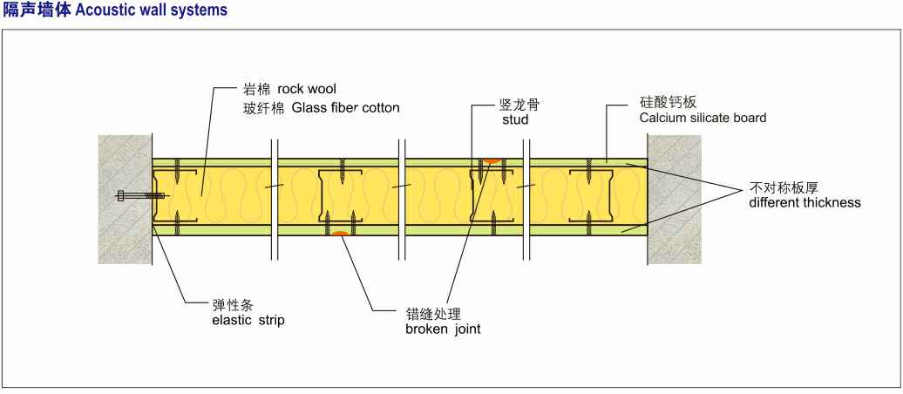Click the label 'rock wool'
point(307,90)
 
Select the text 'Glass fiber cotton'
point(345,109)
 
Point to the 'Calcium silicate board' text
point(703,118)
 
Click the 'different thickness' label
point(805,202)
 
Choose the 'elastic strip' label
point(248,320)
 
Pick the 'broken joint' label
point(443,329)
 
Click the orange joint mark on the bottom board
point(341,233)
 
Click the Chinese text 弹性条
point(231,305)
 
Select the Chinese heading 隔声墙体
point(31,10)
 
